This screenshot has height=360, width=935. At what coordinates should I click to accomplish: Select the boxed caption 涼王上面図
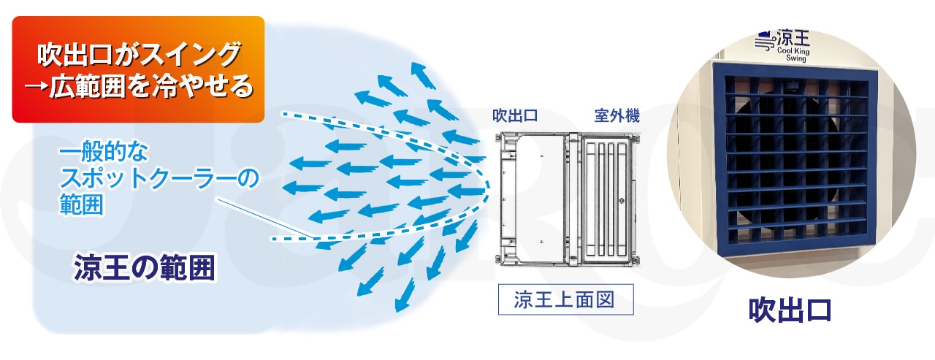point(565,299)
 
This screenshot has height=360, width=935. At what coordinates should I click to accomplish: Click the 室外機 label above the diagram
point(617,115)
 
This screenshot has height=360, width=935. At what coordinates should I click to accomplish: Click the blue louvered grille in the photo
point(793,154)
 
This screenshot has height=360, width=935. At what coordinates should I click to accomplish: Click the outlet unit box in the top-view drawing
point(536,197)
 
